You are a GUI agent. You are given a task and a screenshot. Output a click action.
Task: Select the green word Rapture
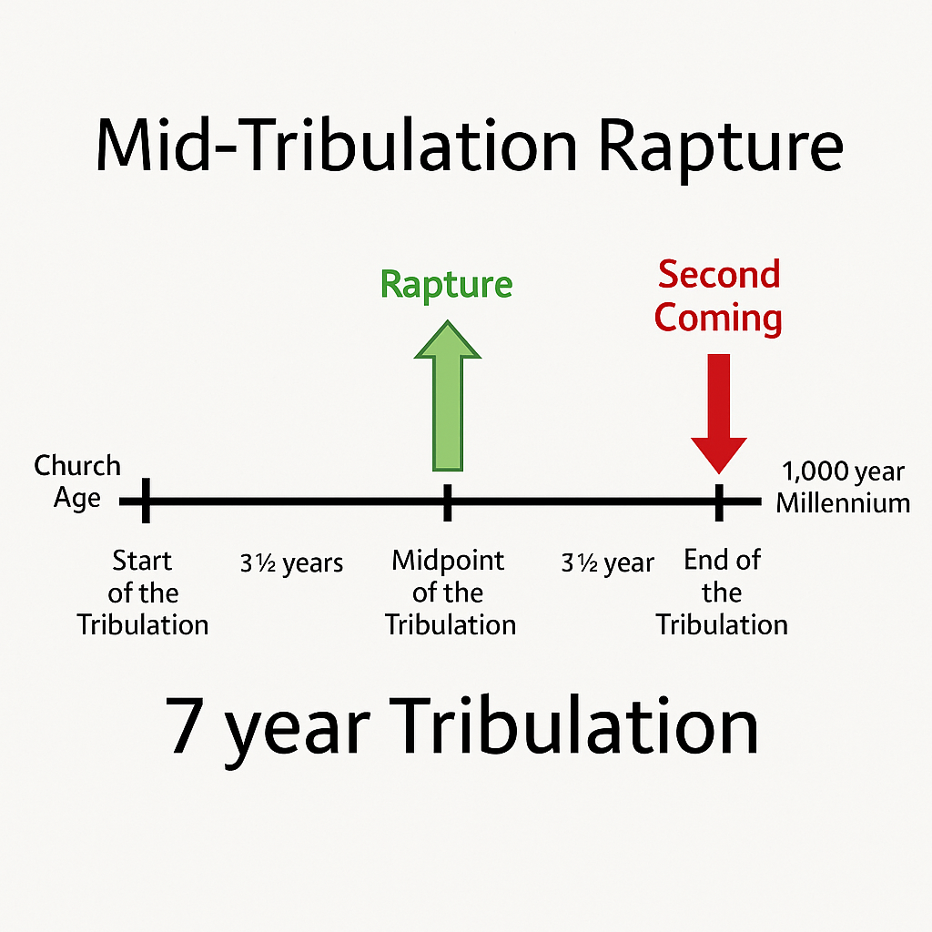(x=446, y=284)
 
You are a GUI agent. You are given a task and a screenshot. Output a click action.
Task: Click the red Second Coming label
(x=719, y=296)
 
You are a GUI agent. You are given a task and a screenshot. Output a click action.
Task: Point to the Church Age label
(x=77, y=481)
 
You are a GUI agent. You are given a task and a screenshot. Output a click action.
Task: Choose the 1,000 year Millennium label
(x=843, y=487)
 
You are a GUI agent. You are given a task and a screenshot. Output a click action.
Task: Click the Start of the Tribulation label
(x=143, y=593)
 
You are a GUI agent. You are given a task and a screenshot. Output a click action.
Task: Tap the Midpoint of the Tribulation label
(x=450, y=593)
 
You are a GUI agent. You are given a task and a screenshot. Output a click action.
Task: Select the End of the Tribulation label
(x=722, y=593)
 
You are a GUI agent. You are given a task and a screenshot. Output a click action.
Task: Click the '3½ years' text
(x=291, y=563)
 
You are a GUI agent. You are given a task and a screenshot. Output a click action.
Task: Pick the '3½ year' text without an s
(x=607, y=563)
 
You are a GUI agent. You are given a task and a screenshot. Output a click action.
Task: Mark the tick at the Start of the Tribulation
(x=146, y=501)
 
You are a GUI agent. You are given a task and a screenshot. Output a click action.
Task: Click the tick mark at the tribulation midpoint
(x=447, y=501)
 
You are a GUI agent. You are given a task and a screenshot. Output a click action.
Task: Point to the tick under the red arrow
(x=719, y=501)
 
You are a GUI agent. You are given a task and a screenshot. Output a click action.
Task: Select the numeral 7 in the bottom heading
(x=186, y=728)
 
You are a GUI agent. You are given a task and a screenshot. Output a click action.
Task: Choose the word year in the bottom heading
(x=297, y=734)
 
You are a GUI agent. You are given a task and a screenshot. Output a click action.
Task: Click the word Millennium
(x=843, y=502)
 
